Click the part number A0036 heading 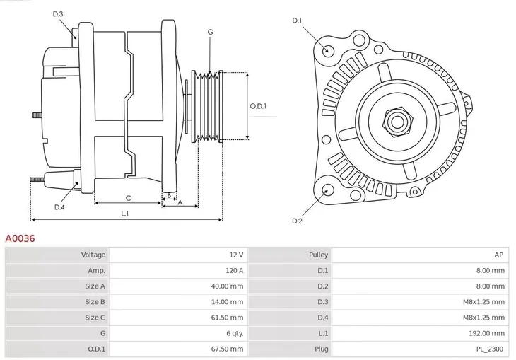point(20,239)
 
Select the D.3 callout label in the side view point(58,14)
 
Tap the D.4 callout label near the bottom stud point(59,207)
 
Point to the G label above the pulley point(210,33)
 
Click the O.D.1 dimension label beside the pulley point(258,106)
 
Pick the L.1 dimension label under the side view point(124,213)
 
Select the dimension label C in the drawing point(128,198)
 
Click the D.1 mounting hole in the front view point(327,50)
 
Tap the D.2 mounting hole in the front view point(327,190)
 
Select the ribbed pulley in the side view point(208,106)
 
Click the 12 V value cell point(236,255)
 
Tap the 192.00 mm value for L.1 point(488,333)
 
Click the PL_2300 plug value point(490,349)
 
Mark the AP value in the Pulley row point(499,255)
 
